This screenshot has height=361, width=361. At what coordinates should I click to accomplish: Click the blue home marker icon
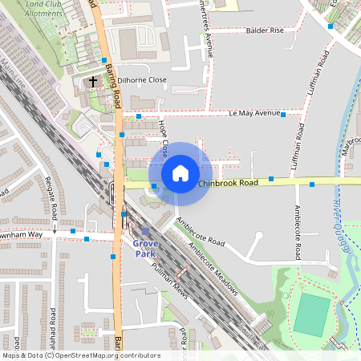180,172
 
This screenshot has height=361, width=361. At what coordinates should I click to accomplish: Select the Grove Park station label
144,248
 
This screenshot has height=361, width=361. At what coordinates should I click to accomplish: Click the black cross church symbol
92,81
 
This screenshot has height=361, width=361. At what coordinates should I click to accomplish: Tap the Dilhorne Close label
142,80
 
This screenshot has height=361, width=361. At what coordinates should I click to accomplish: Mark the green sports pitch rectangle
311,314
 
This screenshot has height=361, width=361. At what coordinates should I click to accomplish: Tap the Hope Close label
164,139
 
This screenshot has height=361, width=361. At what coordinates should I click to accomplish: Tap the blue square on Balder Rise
331,26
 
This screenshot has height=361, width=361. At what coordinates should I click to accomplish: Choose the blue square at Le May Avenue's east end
283,115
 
